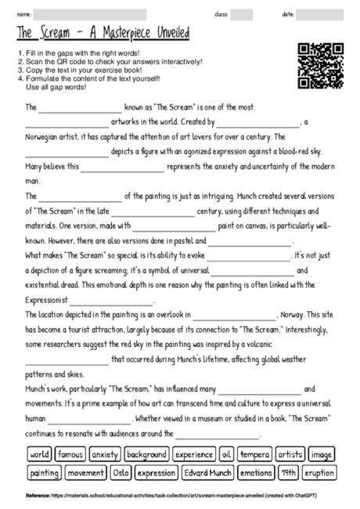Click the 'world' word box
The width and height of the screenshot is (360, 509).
click(39, 454)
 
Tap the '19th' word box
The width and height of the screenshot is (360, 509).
click(289, 473)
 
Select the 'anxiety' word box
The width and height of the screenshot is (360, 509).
click(105, 454)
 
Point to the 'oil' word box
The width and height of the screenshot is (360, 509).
click(226, 454)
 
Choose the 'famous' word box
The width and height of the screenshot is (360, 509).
click(70, 454)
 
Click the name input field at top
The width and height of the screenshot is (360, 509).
click(91, 14)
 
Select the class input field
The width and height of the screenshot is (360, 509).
click(242, 14)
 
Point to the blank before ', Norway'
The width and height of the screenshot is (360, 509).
click(233, 316)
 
